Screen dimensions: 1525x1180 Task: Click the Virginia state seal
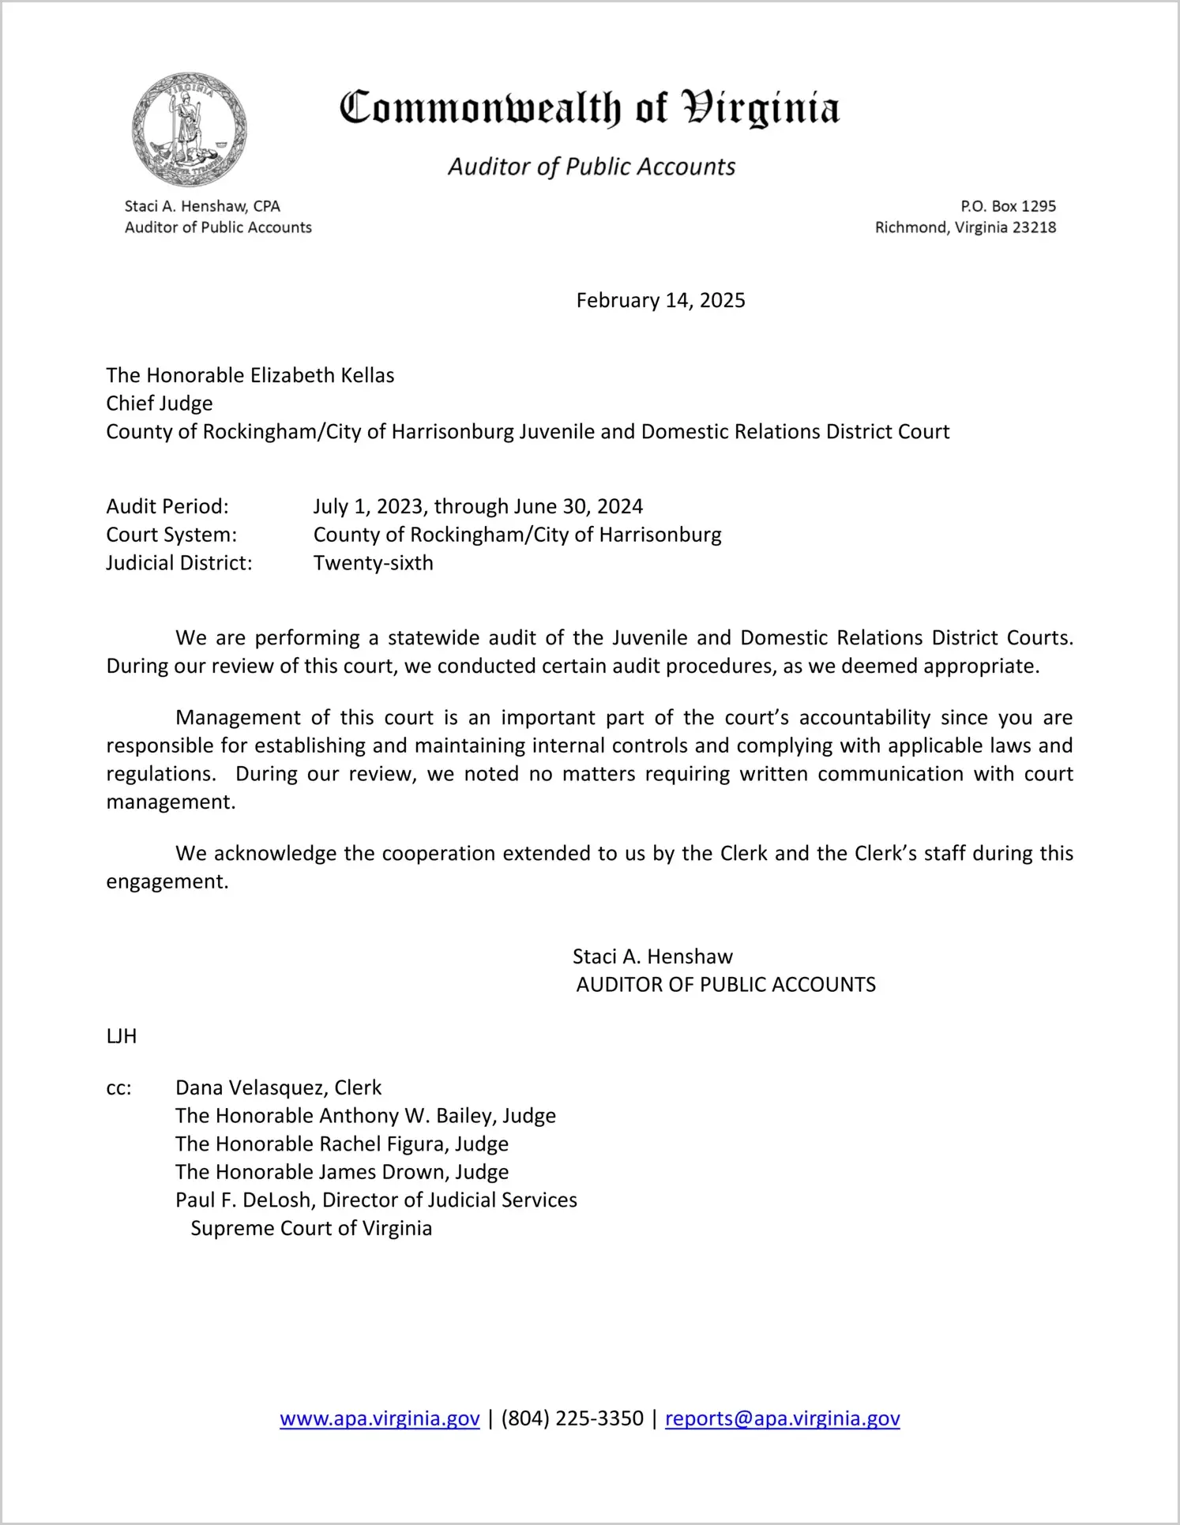[190, 130]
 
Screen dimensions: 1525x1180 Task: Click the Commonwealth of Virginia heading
[589, 108]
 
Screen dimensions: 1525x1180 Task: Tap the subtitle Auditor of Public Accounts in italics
[592, 167]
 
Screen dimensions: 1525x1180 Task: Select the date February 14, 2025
[660, 300]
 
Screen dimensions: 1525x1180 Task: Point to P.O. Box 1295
[1008, 206]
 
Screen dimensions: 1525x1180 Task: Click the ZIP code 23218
[1034, 227]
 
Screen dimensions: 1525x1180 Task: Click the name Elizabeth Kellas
[322, 375]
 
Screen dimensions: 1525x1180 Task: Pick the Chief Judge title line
[160, 404]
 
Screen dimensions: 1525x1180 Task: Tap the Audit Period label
[167, 506]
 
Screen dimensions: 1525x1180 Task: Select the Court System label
[171, 535]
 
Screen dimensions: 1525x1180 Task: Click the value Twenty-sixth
[373, 563]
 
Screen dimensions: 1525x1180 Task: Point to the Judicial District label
[179, 563]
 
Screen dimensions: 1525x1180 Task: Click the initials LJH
[122, 1036]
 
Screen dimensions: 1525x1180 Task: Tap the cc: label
[118, 1088]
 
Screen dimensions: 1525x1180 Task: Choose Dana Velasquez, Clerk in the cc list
[278, 1088]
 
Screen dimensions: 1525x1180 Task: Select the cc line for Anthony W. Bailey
[365, 1116]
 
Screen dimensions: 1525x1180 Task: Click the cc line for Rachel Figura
[341, 1144]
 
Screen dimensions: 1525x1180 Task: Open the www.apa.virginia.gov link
[379, 1418]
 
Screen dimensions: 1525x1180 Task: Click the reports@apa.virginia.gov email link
[782, 1418]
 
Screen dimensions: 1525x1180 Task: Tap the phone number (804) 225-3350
[572, 1418]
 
